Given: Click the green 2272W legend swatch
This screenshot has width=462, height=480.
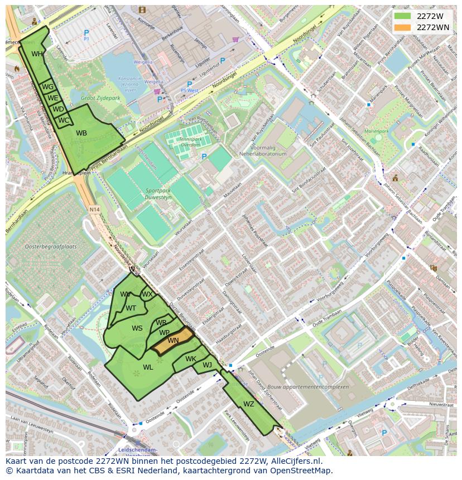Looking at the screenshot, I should pyautogui.click(x=402, y=16).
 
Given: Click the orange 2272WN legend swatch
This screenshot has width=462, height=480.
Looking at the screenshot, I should pyautogui.click(x=402, y=27).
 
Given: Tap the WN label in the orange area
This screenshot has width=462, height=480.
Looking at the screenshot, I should pyautogui.click(x=174, y=341).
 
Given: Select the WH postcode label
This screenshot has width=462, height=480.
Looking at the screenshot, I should pyautogui.click(x=37, y=54).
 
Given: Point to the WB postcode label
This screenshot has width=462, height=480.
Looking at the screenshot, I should pyautogui.click(x=81, y=133).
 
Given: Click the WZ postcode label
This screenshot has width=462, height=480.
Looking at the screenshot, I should pyautogui.click(x=249, y=404).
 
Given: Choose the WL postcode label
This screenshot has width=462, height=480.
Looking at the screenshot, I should pyautogui.click(x=148, y=367).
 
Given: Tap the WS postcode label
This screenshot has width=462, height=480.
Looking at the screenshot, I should pyautogui.click(x=137, y=328).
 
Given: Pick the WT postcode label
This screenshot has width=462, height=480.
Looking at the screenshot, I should pyautogui.click(x=131, y=308).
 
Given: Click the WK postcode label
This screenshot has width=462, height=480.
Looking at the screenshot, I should pyautogui.click(x=191, y=359).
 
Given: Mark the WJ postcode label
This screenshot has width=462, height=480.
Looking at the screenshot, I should pyautogui.click(x=208, y=365).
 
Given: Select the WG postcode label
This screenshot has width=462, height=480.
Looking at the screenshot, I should pyautogui.click(x=48, y=87).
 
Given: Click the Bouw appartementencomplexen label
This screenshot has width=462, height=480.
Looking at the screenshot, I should pyautogui.click(x=315, y=387).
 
